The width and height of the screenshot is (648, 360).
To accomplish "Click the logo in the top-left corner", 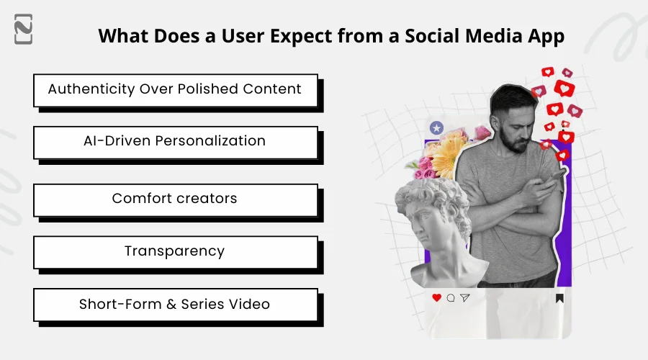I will click(23, 29).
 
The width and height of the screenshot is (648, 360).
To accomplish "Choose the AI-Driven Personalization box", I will click(175, 141).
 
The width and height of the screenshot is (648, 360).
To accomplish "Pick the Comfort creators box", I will click(175, 199).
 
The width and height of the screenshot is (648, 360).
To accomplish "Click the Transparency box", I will click(175, 251).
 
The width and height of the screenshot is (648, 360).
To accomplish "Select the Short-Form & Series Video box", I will click(175, 305).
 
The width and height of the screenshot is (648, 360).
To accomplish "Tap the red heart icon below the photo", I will click(436, 297).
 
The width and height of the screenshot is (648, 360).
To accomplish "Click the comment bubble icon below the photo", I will click(451, 297).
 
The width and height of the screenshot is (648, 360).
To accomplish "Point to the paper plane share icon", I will click(465, 297).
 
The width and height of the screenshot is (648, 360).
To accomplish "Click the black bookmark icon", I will click(559, 298).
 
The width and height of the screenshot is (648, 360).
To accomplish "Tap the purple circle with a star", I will click(436, 127).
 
